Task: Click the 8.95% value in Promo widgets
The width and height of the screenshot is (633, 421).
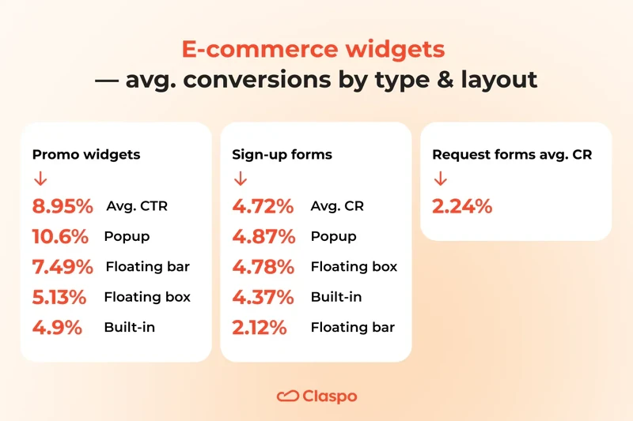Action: pos(63,207)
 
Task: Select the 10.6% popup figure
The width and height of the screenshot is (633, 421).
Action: pos(60,237)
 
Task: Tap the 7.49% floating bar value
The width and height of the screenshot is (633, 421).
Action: pos(63,267)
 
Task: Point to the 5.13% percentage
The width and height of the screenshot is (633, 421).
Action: pos(59,298)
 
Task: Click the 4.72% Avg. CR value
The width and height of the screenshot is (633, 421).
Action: pos(263,207)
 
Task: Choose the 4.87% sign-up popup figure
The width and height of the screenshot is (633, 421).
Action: pos(263,237)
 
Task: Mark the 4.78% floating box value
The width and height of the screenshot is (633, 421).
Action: pos(263,267)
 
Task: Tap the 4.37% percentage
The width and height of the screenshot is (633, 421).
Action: pos(263,298)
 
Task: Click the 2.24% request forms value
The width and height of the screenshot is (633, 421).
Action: pos(462,207)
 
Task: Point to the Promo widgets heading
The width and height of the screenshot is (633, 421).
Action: pos(86,155)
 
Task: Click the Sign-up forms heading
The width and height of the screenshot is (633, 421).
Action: pos(282,155)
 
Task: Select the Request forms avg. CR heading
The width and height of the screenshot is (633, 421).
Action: pos(512,155)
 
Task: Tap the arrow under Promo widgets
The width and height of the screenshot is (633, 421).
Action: pos(40,180)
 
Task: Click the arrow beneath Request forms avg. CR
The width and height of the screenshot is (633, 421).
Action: pos(441,180)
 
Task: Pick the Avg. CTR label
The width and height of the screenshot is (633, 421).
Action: pos(137,207)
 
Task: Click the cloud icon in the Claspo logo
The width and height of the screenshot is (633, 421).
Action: pos(287,396)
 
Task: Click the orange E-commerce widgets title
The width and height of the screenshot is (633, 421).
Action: pos(313,49)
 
